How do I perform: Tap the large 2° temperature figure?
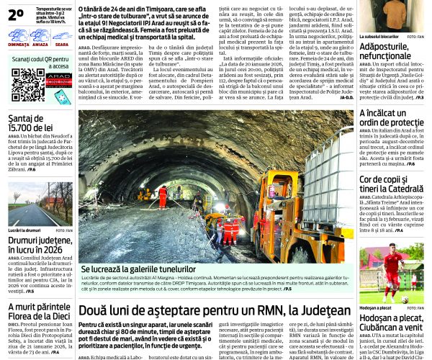click(16, 14)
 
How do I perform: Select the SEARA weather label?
click(62, 45)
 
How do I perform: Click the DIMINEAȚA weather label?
click(19, 45)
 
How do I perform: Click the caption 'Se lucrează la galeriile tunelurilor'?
click(138, 269)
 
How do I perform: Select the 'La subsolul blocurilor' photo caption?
click(379, 36)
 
